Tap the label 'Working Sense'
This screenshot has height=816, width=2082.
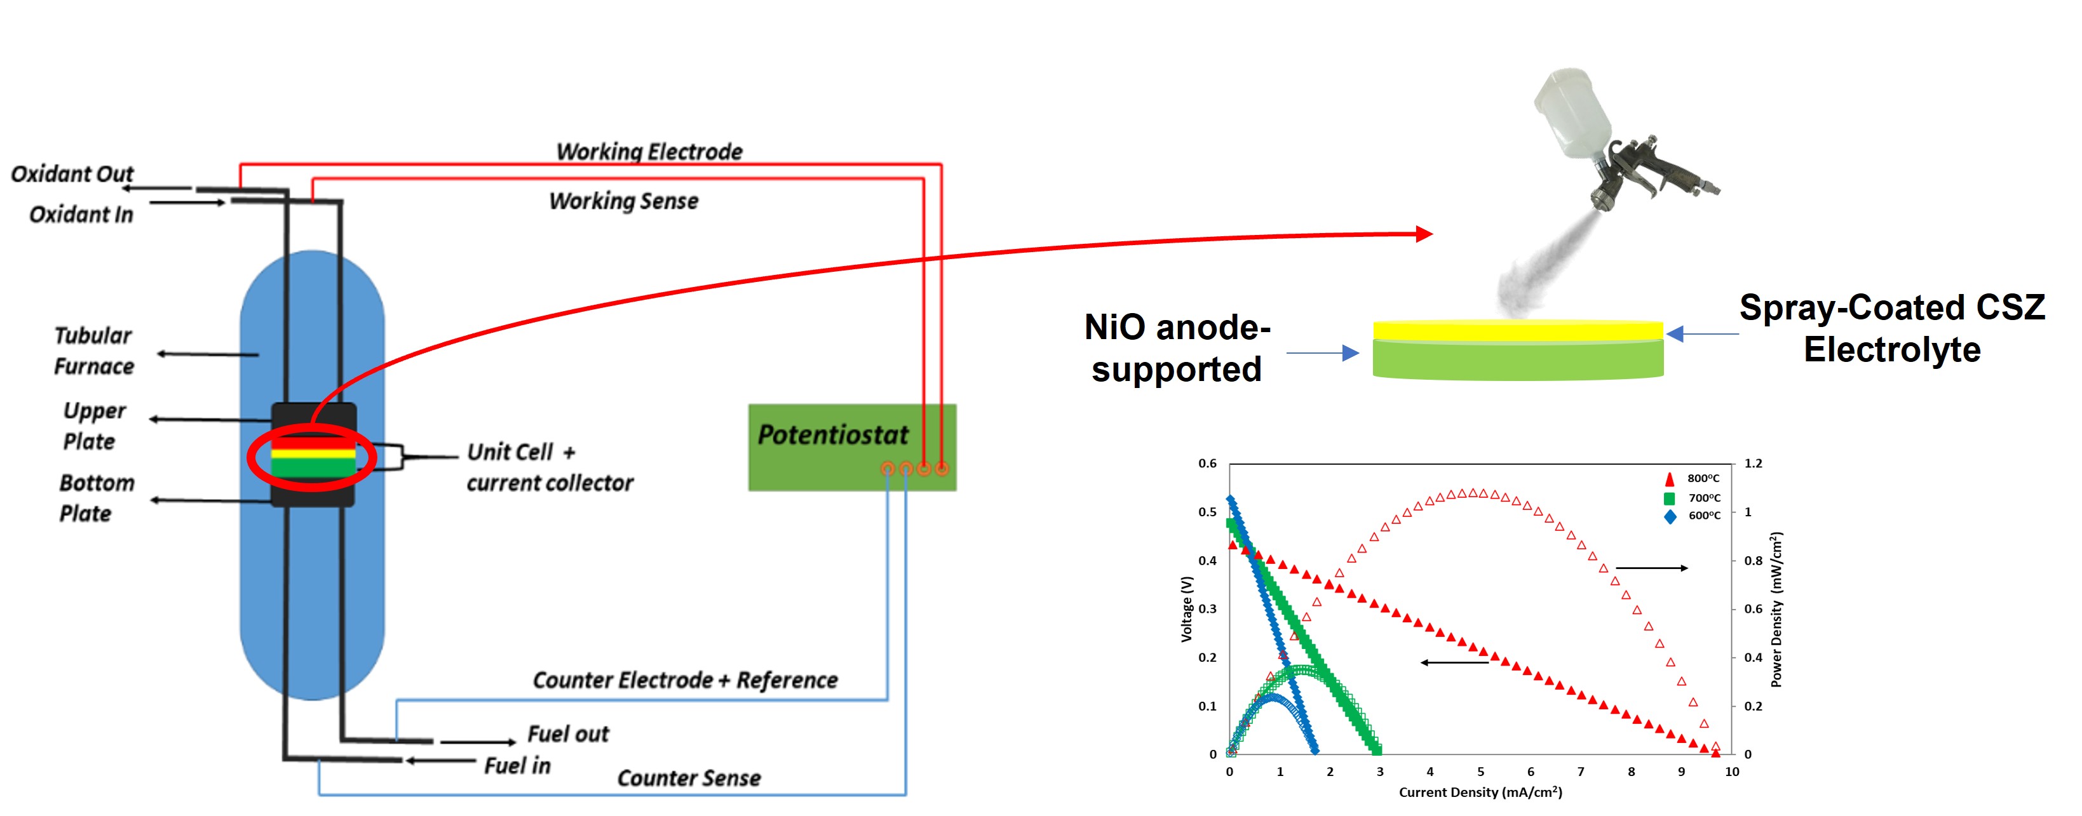coord(623,201)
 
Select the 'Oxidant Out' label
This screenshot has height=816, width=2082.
coord(71,174)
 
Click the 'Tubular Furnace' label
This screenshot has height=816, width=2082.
coord(93,351)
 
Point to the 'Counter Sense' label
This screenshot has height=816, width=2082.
coord(689,778)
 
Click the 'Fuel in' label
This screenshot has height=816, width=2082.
coord(517,765)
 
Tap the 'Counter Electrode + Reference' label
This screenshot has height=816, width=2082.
coord(684,680)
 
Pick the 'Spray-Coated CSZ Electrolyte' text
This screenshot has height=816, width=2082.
coord(1891,328)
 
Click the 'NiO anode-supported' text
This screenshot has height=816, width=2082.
coord(1177,348)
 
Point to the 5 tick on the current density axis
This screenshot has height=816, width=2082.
coord(1481,772)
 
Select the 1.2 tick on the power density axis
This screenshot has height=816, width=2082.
coord(1753,464)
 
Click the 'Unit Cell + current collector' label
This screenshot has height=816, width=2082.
coord(549,467)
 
